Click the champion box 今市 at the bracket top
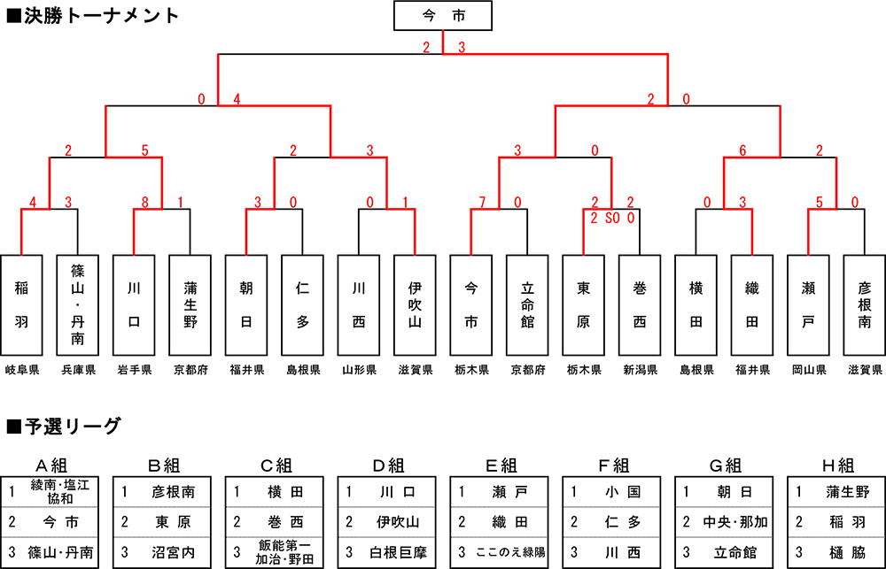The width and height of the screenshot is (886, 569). point(442,16)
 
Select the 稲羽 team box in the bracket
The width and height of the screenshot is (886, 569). point(21,304)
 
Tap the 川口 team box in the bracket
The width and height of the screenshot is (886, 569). point(134,304)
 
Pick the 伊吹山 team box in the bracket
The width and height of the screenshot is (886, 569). point(415,304)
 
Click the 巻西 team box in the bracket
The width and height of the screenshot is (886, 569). point(640,304)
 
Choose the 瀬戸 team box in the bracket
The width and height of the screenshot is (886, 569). point(808,304)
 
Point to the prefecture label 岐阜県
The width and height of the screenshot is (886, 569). point(21,370)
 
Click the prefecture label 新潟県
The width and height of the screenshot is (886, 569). point(640,370)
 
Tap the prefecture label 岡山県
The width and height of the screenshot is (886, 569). point(808,370)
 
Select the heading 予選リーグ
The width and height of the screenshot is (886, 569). point(62,427)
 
